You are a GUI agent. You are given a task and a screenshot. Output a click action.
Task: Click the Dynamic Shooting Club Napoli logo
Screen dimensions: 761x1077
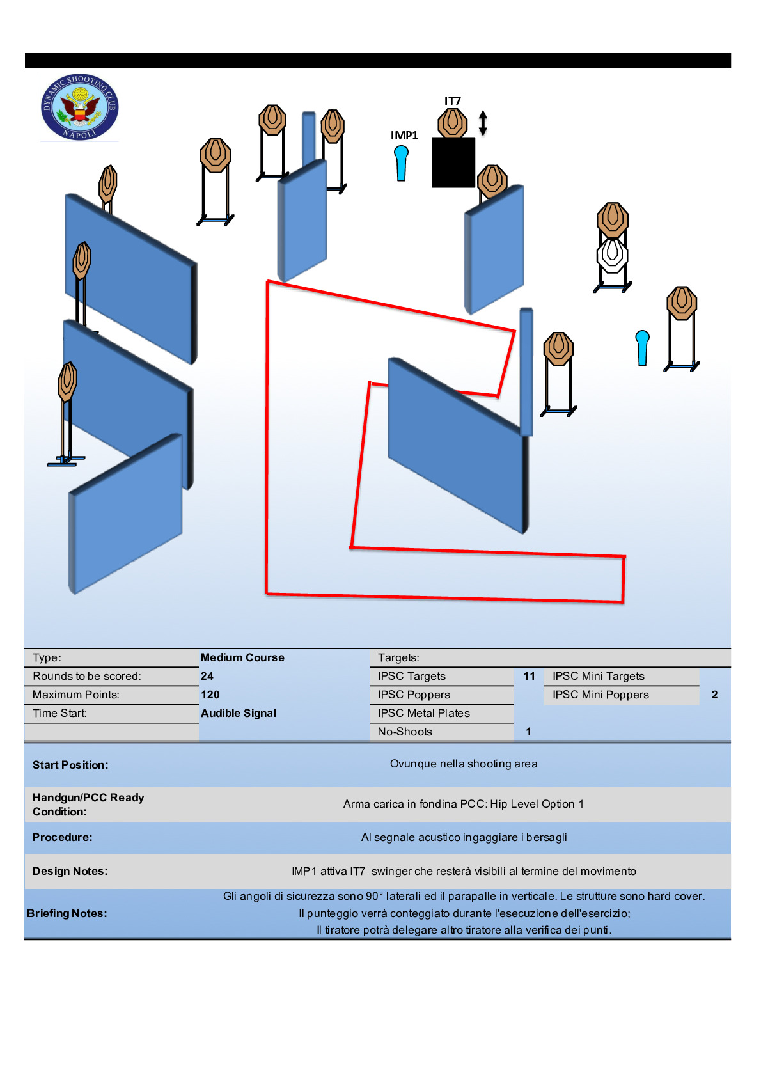tap(80, 107)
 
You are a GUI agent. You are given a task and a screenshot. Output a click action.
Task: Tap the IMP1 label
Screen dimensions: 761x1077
tap(404, 136)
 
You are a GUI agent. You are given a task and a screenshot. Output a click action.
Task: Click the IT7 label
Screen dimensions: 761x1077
tap(452, 101)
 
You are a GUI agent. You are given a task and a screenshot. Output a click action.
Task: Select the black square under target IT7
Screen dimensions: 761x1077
tap(453, 162)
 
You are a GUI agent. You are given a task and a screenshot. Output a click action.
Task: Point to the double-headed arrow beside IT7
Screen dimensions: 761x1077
tap(483, 123)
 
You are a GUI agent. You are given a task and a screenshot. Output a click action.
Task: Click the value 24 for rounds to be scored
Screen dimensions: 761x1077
tap(207, 676)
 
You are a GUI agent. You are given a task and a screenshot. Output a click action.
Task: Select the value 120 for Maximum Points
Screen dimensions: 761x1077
tap(210, 695)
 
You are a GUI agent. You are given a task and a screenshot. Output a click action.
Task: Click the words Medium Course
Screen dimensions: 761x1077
tap(242, 657)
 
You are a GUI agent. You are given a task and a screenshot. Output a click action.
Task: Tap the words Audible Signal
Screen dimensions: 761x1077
tap(239, 713)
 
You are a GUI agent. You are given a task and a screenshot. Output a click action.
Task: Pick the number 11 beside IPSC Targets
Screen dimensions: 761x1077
tap(530, 676)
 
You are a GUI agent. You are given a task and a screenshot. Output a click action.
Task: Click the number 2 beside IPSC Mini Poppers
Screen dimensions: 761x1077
tap(714, 695)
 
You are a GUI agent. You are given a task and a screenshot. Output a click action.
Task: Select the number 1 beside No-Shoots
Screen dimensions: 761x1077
tap(528, 732)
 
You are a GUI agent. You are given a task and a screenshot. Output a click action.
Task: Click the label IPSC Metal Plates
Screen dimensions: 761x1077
tap(424, 713)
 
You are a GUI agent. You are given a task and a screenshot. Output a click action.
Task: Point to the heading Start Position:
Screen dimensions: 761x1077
tap(71, 765)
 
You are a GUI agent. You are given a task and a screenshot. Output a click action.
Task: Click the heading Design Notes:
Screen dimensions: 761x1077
tap(70, 871)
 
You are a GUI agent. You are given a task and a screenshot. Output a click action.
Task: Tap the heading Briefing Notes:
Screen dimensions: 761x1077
tap(67, 913)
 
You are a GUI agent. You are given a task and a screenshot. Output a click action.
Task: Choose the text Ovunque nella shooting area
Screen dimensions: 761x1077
tap(464, 764)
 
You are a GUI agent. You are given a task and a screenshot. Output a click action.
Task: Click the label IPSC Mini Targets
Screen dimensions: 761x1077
tap(599, 676)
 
